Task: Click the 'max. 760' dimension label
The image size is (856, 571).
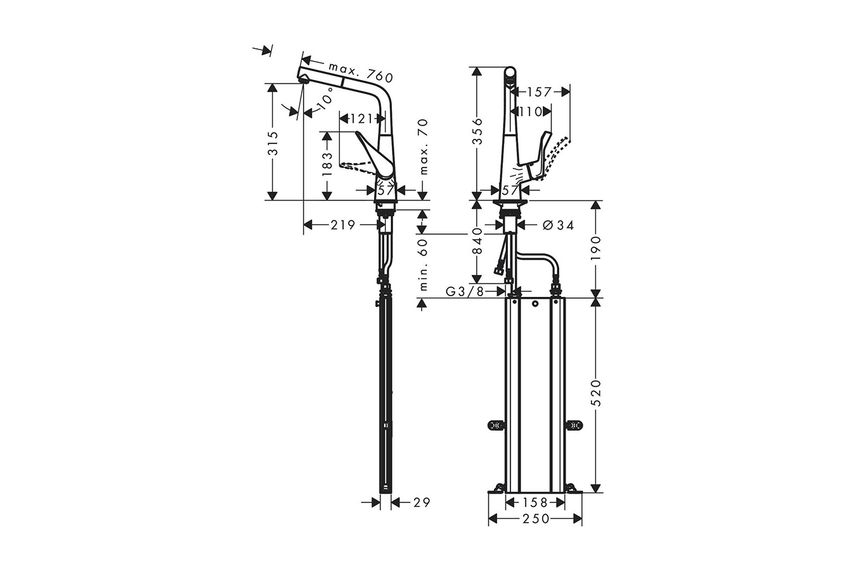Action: (361, 72)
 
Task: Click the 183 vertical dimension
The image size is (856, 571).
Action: (327, 164)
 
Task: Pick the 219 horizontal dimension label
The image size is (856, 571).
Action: (342, 225)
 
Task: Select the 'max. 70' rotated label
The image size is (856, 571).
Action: (424, 147)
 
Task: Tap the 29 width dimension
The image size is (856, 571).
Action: (421, 502)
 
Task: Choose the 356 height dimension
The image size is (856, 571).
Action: (478, 131)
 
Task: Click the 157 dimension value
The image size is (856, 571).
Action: (539, 92)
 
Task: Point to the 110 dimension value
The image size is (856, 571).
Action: (530, 112)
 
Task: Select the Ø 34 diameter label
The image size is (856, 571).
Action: (559, 225)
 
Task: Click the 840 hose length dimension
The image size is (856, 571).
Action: (478, 241)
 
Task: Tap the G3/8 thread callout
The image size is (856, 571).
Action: (465, 291)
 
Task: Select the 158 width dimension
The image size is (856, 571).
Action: (535, 502)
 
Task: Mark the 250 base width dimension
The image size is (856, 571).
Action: (535, 519)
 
